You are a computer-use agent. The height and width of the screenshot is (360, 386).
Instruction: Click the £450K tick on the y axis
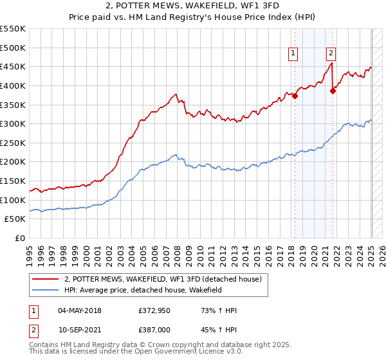13,66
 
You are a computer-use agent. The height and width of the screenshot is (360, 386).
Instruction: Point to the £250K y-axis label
13,143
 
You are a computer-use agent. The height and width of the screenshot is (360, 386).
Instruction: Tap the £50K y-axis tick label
15,219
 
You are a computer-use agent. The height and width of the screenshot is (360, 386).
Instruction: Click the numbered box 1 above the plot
293,54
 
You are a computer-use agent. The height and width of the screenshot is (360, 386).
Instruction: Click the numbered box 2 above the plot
331,54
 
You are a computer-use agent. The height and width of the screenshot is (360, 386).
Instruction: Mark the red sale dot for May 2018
295,96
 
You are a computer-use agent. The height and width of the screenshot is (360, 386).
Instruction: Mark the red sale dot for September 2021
333,91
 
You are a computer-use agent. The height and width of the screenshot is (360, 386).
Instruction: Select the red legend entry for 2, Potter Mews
163,280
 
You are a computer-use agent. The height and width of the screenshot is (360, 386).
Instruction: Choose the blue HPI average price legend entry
151,291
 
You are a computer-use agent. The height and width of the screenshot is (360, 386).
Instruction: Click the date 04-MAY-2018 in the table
80,310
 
